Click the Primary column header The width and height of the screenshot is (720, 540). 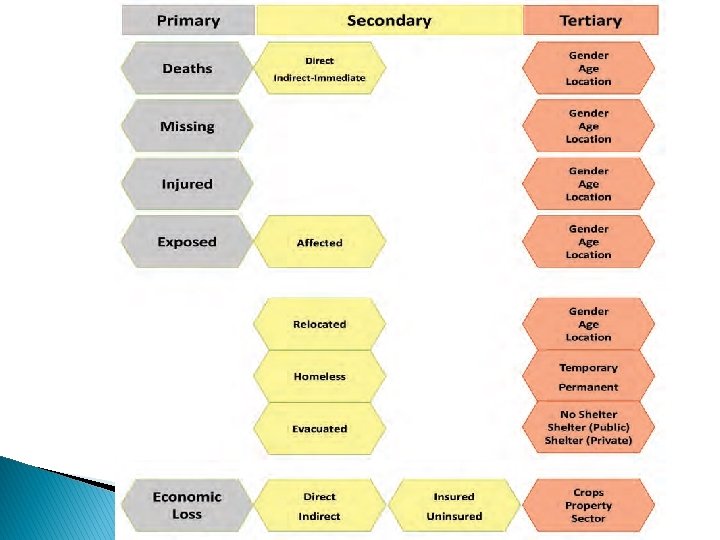tap(188, 20)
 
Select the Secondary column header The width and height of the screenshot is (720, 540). tap(389, 20)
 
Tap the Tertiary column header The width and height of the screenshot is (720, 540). tap(590, 20)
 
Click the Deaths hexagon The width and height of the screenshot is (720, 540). tap(187, 68)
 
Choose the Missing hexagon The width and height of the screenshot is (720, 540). tap(187, 126)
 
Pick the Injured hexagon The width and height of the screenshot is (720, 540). tap(187, 184)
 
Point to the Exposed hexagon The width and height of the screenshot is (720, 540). tap(187, 242)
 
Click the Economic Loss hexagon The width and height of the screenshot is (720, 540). tap(187, 505)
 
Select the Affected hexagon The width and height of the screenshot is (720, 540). tap(319, 243)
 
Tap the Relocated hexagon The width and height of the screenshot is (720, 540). tap(319, 324)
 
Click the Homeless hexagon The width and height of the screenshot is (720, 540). tap(319, 377)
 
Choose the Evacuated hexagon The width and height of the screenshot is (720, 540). tap(319, 429)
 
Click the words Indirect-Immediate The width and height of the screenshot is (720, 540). tap(320, 78)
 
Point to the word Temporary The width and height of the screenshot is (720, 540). tap(589, 368)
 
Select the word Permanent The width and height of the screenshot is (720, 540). tap(589, 387)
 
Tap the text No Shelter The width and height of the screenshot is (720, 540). tap(589, 414)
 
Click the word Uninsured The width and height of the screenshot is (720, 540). tap(454, 516)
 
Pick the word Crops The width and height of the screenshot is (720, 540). tap(589, 492)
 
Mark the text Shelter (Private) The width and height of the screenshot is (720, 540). tap(589, 440)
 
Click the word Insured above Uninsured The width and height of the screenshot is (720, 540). tap(454, 496)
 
